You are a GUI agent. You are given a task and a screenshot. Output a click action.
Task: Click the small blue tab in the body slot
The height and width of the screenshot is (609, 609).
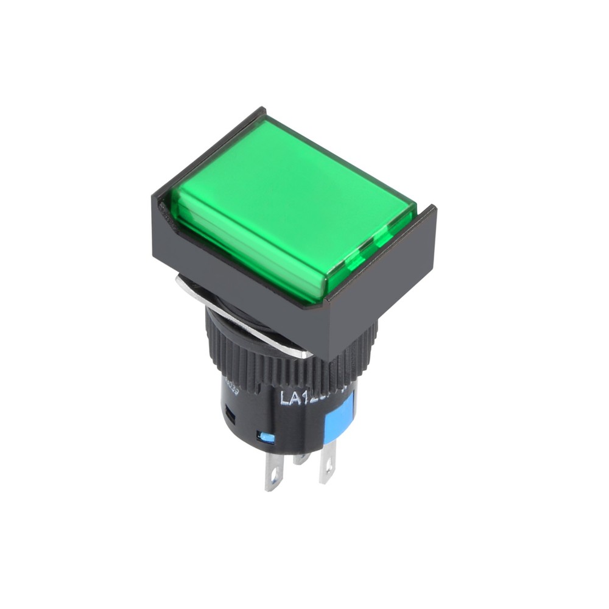pos(266,437)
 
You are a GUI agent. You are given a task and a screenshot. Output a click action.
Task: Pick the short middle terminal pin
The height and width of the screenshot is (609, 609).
pos(301,458)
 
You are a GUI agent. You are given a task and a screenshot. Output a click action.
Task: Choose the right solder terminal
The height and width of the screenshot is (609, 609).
pos(327,466)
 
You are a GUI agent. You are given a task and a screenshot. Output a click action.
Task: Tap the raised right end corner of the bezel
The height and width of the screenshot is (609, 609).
pos(434,210)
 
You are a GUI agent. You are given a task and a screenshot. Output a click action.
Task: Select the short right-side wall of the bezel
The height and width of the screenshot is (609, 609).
pos(390,286)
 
